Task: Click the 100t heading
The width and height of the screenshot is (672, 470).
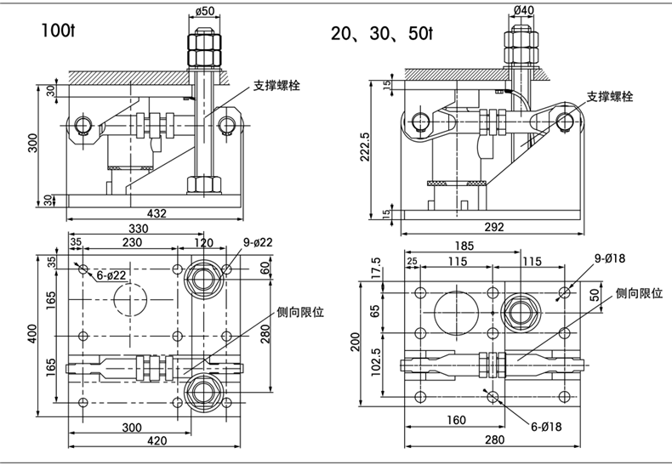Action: tap(56, 31)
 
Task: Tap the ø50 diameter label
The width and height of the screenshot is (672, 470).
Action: tap(204, 11)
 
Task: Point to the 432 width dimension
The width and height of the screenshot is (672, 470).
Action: tap(156, 212)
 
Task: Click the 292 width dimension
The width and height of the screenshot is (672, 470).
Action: tap(494, 227)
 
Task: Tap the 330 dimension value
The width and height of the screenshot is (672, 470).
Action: tap(138, 229)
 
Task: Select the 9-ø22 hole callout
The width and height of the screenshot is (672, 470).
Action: tap(257, 242)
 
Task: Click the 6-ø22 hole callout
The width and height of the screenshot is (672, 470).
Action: tap(110, 275)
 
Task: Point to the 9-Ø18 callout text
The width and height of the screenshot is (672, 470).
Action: tap(610, 258)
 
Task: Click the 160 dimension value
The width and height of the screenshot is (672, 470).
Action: tap(455, 420)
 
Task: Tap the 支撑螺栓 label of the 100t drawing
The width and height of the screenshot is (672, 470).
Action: tap(276, 86)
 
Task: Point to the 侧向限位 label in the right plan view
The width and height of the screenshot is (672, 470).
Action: tap(639, 292)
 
